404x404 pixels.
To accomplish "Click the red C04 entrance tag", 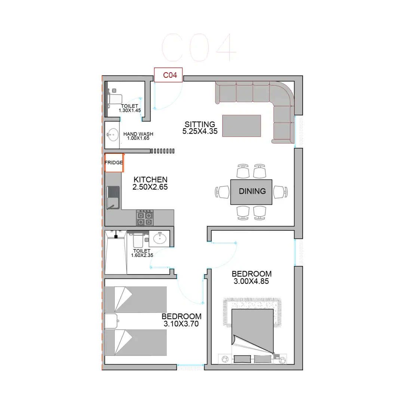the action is pos(168,75).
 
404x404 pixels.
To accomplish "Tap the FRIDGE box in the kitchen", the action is pos(114,163).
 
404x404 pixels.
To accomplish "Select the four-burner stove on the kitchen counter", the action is pos(144,218).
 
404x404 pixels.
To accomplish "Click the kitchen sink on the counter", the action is pos(113,198).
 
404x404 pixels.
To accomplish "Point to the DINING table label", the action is pos(252,191).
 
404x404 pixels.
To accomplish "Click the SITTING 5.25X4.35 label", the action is pos(200,128).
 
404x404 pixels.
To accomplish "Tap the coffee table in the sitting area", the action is pos(241,126).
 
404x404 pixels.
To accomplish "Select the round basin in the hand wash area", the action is pos(113,135).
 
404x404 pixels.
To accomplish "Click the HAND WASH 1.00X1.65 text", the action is pos(138,136).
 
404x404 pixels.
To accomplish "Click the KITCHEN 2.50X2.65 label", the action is pos(150,183).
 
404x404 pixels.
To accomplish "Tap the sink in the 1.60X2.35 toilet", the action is pos(160,238).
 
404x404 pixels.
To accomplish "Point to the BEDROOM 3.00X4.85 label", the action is pos(251,278).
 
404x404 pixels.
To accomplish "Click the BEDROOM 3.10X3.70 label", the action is pos(181,320).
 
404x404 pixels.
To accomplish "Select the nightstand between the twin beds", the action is pos(111,321).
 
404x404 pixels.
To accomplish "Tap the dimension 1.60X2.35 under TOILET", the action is pos(142,255).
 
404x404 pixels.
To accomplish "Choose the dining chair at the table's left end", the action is pos(222,192).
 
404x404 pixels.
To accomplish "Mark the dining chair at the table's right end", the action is pos(280,192).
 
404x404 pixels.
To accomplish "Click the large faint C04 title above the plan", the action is pos(199,48).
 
